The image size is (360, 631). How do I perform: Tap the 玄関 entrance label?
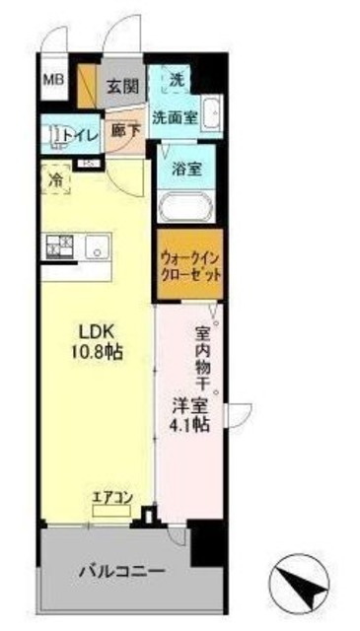(x=121, y=87)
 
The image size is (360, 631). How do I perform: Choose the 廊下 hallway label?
(x=123, y=130)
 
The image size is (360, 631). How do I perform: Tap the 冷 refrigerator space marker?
(x=55, y=180)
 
